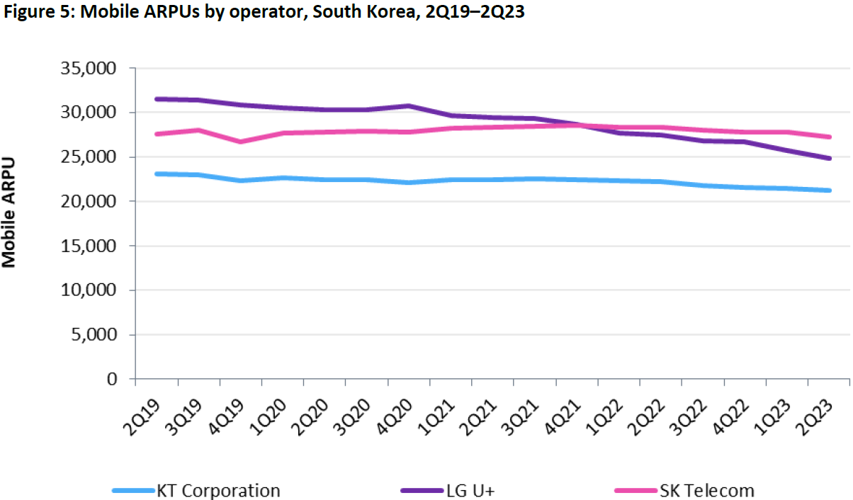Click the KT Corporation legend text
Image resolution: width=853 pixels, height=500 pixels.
[218, 490]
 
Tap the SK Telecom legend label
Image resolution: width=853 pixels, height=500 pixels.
[706, 490]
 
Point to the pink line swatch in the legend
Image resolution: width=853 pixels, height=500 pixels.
[635, 490]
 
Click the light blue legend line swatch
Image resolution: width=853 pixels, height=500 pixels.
[133, 490]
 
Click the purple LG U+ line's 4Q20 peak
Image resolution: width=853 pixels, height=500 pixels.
[409, 106]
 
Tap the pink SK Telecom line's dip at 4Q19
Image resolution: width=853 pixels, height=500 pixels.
[241, 142]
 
